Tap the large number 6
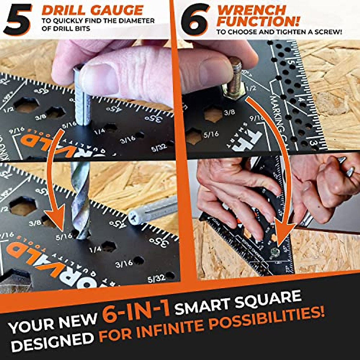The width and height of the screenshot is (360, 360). tap(195, 19)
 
